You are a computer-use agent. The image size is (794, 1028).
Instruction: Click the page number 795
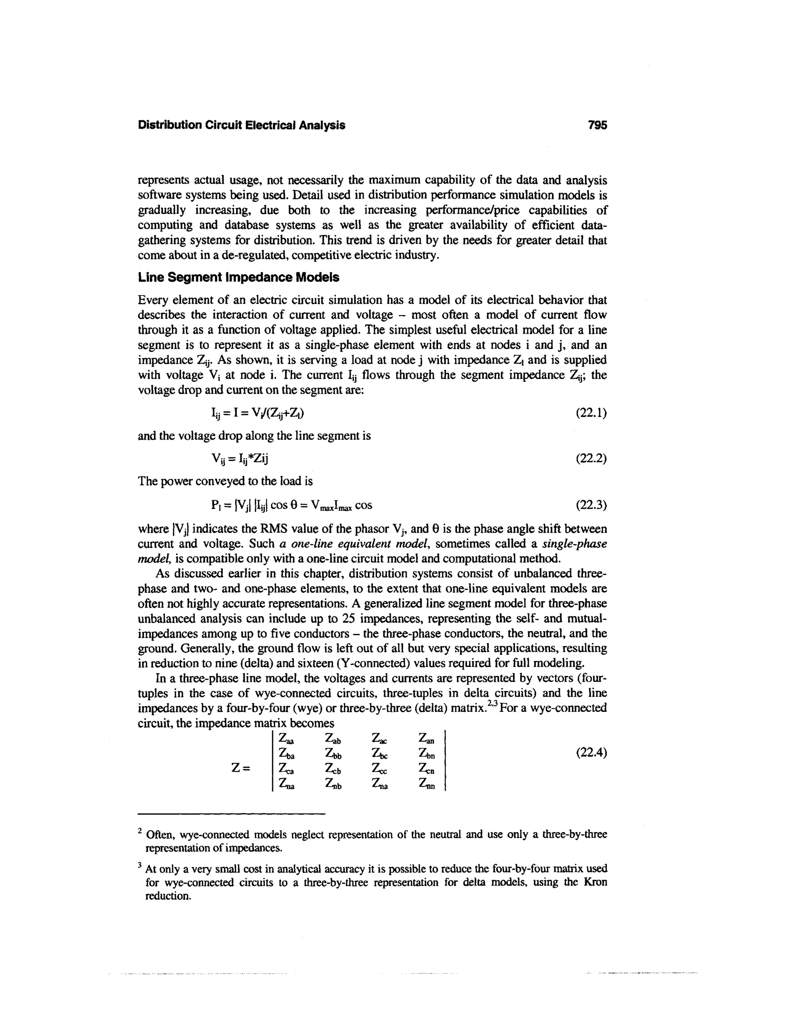[x=597, y=125]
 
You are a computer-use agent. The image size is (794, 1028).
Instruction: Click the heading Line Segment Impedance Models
[x=238, y=278]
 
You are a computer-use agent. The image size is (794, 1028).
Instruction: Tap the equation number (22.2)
[x=591, y=459]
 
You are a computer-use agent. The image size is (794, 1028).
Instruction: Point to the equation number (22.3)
[x=591, y=505]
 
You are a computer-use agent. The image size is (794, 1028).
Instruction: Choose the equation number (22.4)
[x=591, y=753]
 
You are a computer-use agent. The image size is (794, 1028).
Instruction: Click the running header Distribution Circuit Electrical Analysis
[x=241, y=125]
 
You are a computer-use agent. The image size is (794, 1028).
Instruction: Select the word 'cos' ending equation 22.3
[x=364, y=505]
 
